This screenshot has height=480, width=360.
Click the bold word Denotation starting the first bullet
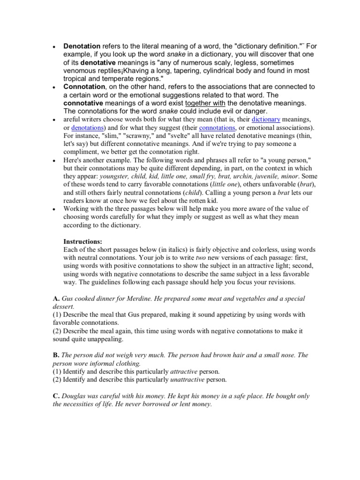pyautogui.click(x=82, y=46)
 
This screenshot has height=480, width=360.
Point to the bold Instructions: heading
pyautogui.click(x=82, y=241)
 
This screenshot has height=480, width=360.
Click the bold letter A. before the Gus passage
pyautogui.click(x=56, y=299)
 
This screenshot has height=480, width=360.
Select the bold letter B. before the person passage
pyautogui.click(x=56, y=355)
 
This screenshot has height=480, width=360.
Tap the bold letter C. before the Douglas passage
pyautogui.click(x=56, y=396)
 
